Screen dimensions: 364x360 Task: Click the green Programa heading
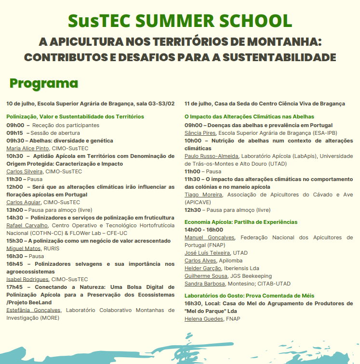44,83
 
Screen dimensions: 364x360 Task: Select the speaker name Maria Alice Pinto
27,148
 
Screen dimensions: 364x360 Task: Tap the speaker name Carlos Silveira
25,171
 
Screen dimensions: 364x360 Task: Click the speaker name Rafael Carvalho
27,225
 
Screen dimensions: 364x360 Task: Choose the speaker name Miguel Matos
23,248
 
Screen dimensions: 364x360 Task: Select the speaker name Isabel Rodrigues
27,279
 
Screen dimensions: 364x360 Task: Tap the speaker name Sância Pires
200,133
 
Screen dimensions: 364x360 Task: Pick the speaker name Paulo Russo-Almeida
211,156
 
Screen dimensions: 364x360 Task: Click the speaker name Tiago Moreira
203,195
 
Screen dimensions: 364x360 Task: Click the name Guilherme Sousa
206,276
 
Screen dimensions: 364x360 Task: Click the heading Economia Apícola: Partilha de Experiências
241,222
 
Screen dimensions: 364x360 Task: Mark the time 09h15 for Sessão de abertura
14,133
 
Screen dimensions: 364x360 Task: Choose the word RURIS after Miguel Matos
52,248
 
